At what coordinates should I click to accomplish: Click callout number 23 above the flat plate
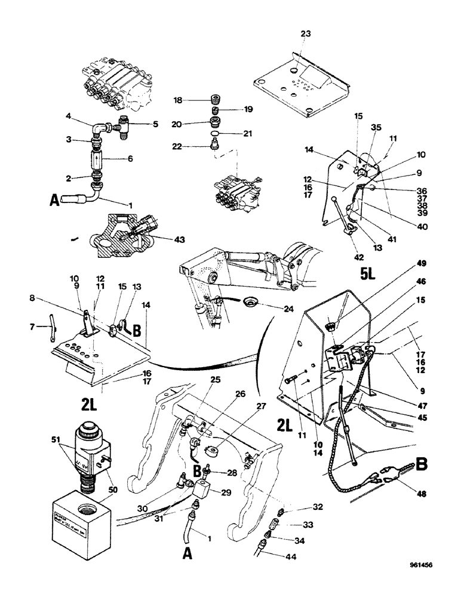tap(305, 35)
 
